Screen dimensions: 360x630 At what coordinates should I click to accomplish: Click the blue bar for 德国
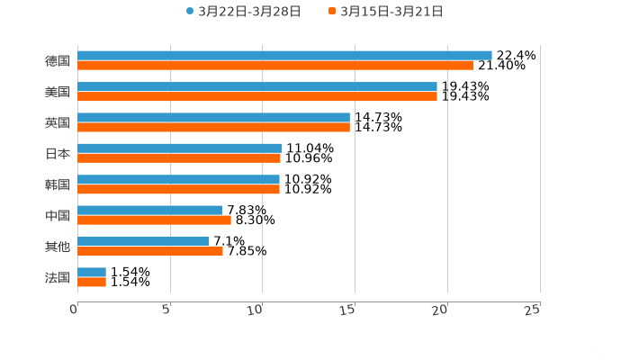pyautogui.click(x=284, y=56)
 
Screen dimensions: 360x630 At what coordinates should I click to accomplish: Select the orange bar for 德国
pyautogui.click(x=275, y=66)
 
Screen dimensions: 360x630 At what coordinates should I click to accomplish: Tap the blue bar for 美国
pyautogui.click(x=257, y=86)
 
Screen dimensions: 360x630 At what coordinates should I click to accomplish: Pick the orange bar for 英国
pyautogui.click(x=213, y=127)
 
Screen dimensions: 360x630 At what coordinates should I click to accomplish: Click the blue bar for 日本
pyautogui.click(x=179, y=148)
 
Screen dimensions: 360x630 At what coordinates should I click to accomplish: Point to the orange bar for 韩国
pyautogui.click(x=178, y=189)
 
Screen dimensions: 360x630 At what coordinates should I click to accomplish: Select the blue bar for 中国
pyautogui.click(x=149, y=211)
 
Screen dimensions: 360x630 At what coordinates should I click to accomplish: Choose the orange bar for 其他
pyautogui.click(x=150, y=251)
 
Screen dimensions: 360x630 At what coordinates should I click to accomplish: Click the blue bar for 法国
pyautogui.click(x=92, y=272)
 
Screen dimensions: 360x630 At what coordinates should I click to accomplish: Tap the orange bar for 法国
pyautogui.click(x=92, y=283)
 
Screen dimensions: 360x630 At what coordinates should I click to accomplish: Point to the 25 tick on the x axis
pyautogui.click(x=533, y=310)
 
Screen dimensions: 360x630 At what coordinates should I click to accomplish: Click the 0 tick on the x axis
pyautogui.click(x=74, y=310)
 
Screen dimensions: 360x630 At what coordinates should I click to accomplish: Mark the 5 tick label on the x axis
pyautogui.click(x=166, y=310)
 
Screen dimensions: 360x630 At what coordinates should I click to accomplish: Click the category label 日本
pyautogui.click(x=58, y=154)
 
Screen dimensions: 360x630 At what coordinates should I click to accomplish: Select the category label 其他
pyautogui.click(x=58, y=247)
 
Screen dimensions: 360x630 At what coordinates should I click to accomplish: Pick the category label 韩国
pyautogui.click(x=58, y=184)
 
